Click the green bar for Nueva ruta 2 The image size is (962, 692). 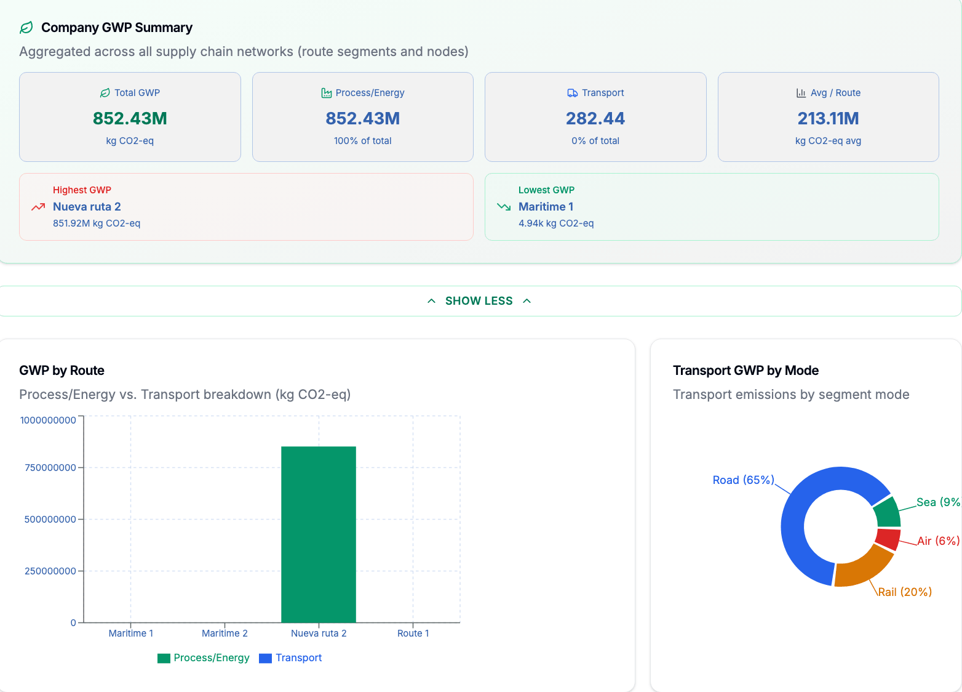(x=318, y=534)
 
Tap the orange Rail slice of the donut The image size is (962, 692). (x=863, y=569)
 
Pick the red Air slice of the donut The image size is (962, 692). (x=888, y=539)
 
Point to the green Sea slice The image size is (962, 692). (x=888, y=513)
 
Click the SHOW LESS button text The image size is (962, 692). (x=479, y=301)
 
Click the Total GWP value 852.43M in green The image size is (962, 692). (x=130, y=118)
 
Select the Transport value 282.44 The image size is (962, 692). (x=595, y=118)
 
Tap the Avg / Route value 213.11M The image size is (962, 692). (x=828, y=118)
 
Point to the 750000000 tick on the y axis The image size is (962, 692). (x=50, y=468)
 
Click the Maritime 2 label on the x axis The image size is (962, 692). (x=225, y=633)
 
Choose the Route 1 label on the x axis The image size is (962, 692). (x=413, y=633)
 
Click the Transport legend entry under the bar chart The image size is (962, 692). (x=290, y=658)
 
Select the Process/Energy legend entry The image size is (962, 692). (x=203, y=658)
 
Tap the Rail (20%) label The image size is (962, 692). (x=905, y=592)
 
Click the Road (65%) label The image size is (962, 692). (x=744, y=480)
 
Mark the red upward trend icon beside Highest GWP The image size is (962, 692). (x=38, y=207)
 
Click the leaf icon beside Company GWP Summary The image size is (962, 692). (x=26, y=28)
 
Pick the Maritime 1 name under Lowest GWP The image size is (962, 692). (x=546, y=207)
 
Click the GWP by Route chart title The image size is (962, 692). (x=62, y=371)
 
